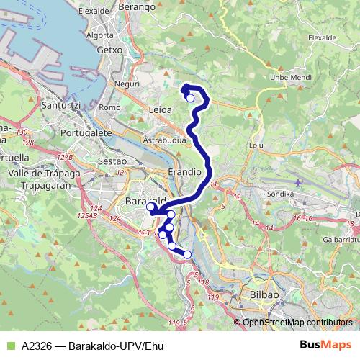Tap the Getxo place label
[110, 51]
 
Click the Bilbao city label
[264, 295]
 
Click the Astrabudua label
[165, 138]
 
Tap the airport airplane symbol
[298, 183]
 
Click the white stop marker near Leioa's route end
[190, 99]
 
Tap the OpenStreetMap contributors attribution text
[297, 323]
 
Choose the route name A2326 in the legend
[37, 345]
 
